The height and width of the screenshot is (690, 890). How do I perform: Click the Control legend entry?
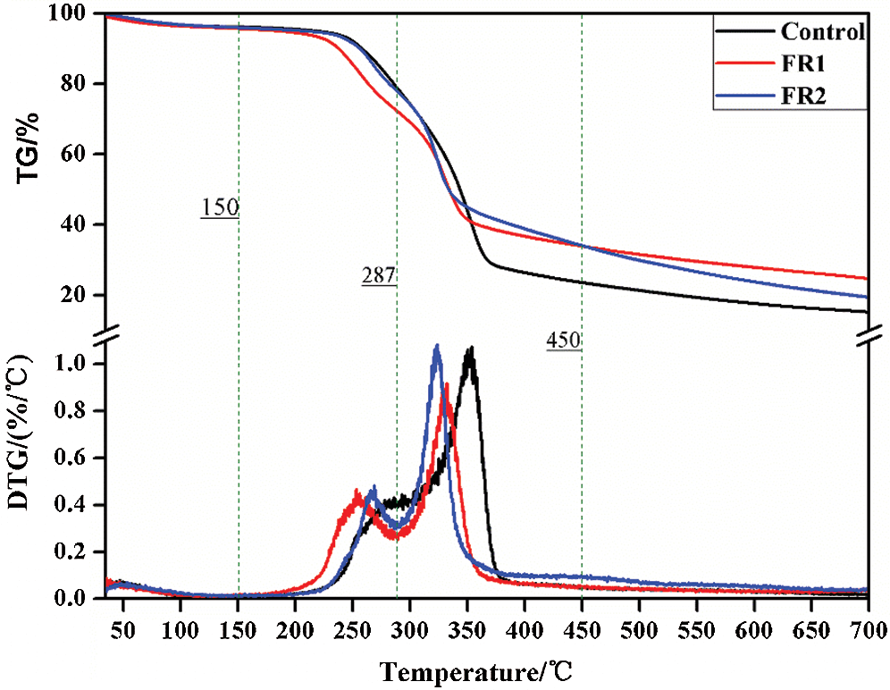(821, 33)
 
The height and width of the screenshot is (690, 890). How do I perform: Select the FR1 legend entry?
(801, 65)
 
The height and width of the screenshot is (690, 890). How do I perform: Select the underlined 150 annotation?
(219, 208)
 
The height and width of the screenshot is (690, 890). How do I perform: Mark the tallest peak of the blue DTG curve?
(436, 346)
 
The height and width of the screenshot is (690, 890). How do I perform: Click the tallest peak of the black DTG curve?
(470, 348)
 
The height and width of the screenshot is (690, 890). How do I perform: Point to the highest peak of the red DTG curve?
(446, 384)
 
